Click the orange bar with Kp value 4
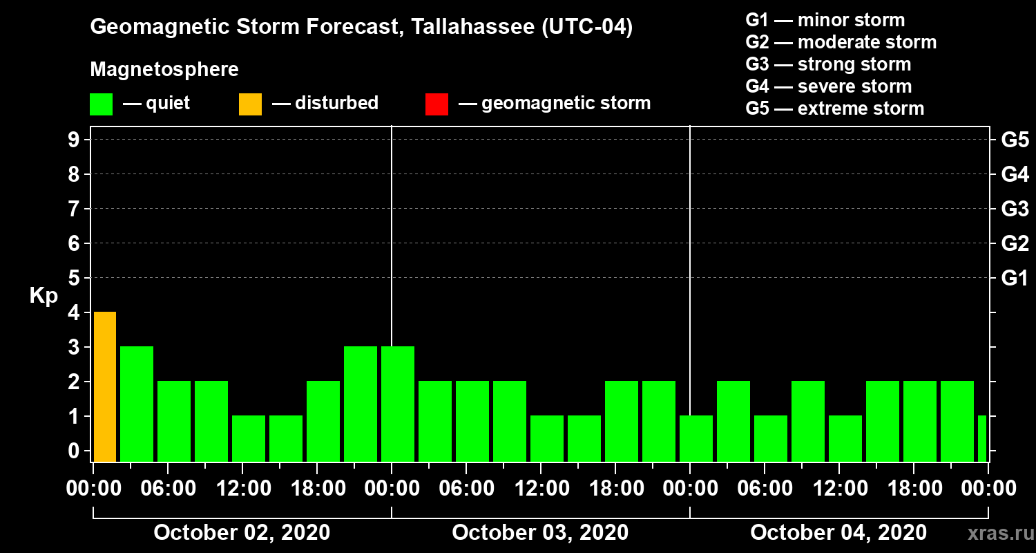coord(105,386)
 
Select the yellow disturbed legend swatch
coord(250,104)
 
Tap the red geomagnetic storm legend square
coord(437,104)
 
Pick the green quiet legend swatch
coord(101,104)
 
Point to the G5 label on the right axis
coord(1015,140)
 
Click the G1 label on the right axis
coord(1015,279)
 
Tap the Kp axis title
coord(44,296)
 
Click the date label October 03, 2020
coord(540,533)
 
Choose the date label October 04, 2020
coord(838,533)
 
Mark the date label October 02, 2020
coord(242,533)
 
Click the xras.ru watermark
coord(995,533)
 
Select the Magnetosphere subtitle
coord(164,70)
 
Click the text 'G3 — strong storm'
coord(828,64)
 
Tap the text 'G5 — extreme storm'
coord(834,109)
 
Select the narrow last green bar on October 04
coord(982,438)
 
